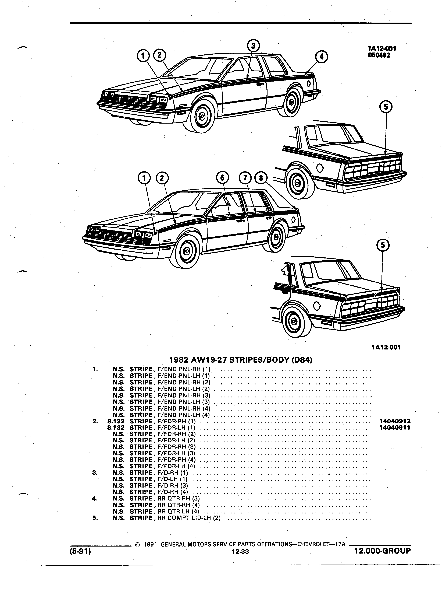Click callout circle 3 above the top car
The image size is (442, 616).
coord(253,46)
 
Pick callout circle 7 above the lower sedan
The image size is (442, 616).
coord(245,178)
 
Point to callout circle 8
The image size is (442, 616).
coord(261,178)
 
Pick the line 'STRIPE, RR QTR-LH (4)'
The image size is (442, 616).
coord(164,511)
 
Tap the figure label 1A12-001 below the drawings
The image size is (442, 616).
coord(386,347)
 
